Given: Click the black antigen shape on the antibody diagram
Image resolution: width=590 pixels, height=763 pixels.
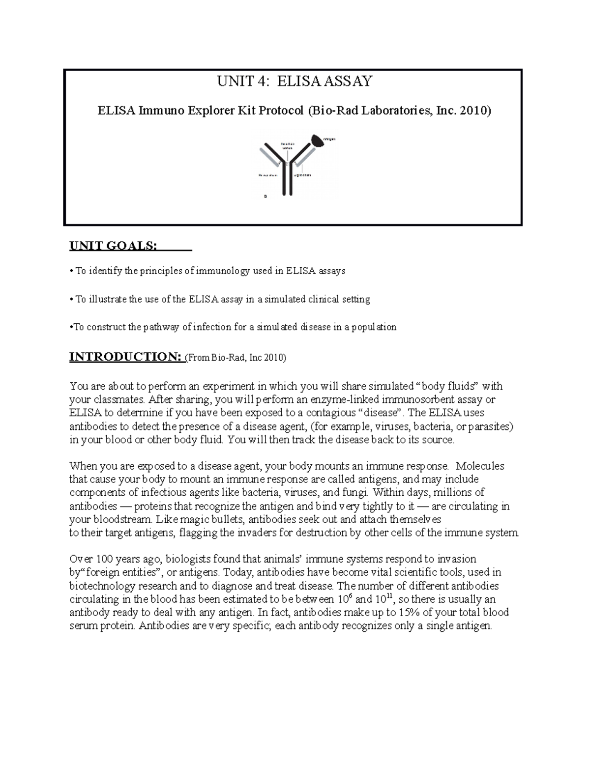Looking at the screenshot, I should [318, 141].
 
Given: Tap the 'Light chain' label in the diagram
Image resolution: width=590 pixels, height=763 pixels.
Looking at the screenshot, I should [302, 175].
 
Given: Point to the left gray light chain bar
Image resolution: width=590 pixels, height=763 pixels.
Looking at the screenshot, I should [269, 157].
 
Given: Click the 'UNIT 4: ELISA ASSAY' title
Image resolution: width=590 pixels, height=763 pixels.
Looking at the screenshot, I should [295, 81].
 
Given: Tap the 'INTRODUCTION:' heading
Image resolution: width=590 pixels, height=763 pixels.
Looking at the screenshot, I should [125, 357].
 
